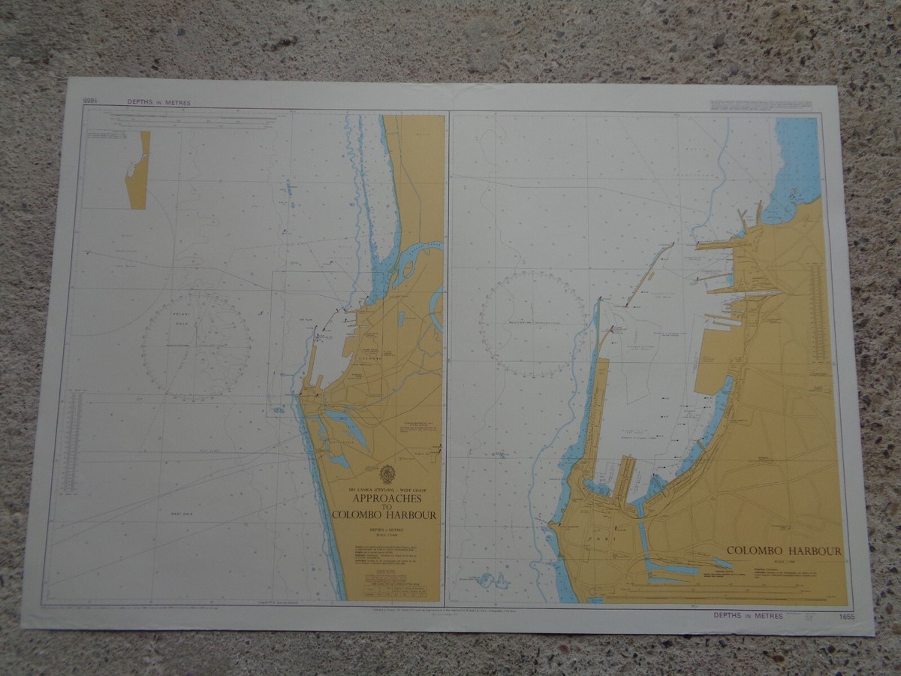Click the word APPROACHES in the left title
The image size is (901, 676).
[387, 498]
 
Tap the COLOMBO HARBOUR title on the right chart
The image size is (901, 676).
[784, 551]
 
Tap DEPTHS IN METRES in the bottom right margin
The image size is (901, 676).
[748, 616]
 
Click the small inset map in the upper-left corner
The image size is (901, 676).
[138, 170]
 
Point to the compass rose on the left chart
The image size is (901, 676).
[197, 346]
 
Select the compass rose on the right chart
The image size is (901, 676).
[532, 324]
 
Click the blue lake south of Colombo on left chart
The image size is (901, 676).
[346, 425]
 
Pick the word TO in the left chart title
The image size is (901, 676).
[387, 507]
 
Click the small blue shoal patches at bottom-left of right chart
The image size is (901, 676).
[491, 581]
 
